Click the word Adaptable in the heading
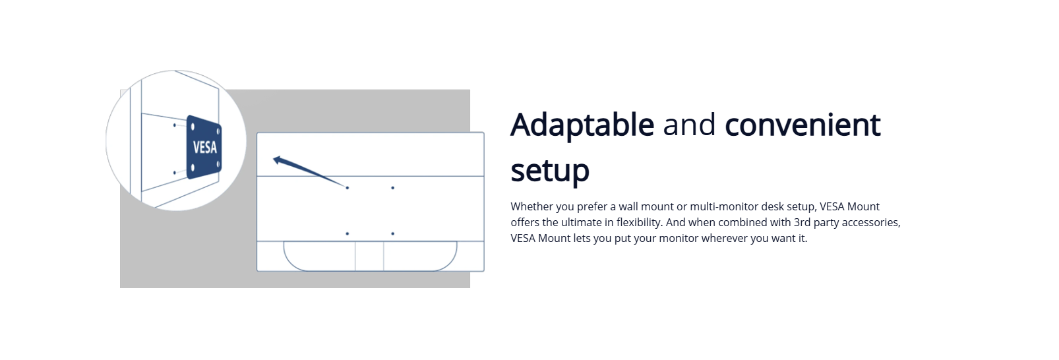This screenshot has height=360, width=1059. coord(582,126)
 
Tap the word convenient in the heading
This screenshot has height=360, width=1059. coord(802,125)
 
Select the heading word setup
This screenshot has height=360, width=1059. coord(550,171)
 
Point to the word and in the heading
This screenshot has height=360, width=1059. coord(689,125)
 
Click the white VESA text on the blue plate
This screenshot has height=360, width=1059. coord(204,148)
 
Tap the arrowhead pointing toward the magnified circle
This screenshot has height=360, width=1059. coord(278,160)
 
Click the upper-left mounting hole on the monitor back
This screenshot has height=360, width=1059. coord(348,188)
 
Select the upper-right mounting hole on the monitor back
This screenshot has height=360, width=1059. coord(393,188)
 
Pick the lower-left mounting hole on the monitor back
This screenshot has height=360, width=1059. coord(348,233)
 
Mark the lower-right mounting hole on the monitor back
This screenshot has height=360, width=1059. coord(393,233)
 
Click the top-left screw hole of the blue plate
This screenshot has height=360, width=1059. coord(193,127)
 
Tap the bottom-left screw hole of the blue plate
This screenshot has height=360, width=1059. coord(193,167)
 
